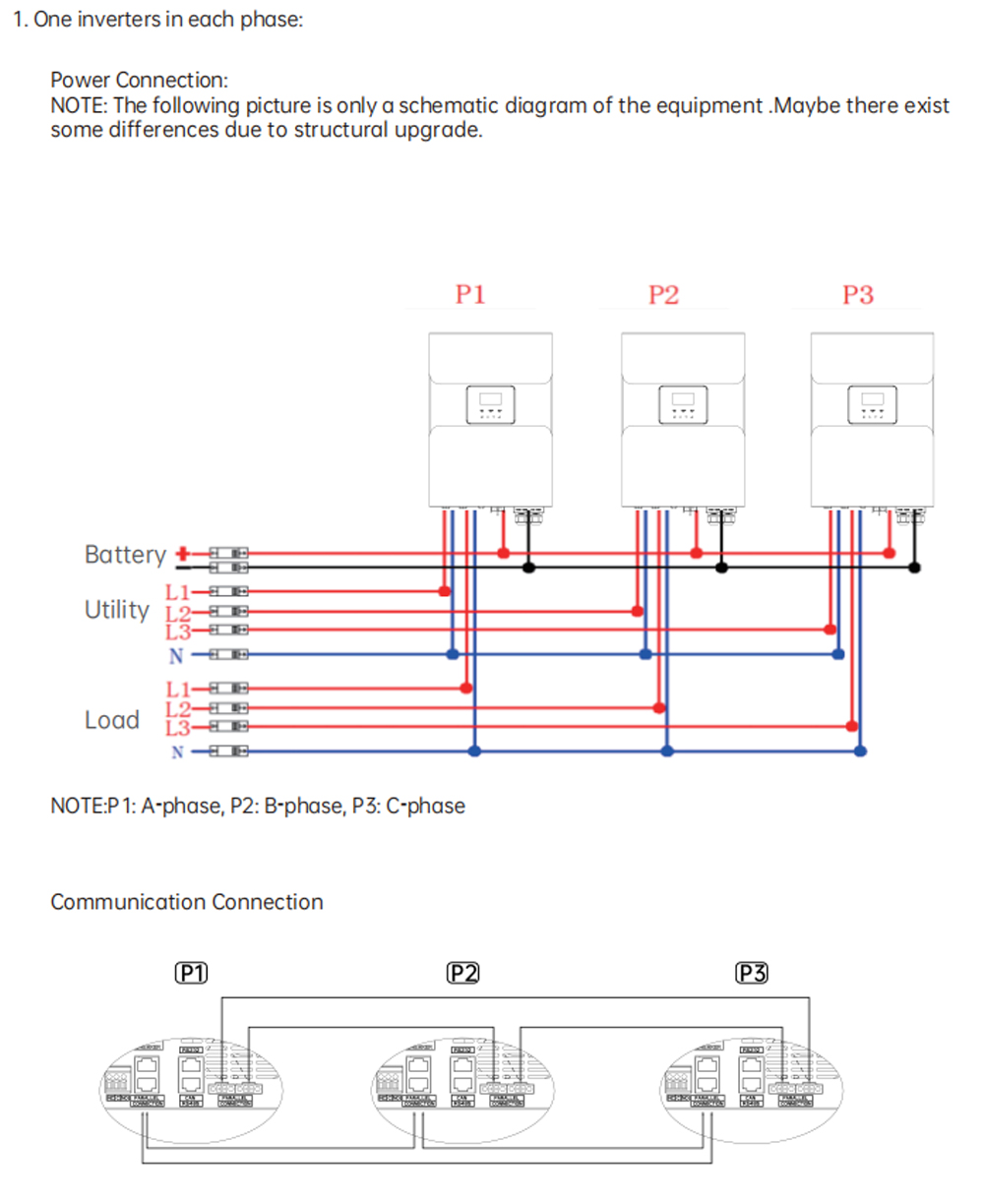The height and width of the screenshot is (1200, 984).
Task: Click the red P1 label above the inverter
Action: pyautogui.click(x=469, y=294)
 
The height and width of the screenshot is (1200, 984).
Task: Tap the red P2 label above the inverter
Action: pyautogui.click(x=663, y=294)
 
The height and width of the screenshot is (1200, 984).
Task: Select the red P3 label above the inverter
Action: pyautogui.click(x=857, y=294)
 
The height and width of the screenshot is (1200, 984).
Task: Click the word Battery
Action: pyautogui.click(x=125, y=555)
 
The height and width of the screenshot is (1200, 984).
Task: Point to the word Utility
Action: pyautogui.click(x=116, y=610)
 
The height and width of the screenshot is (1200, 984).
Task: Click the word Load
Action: pyautogui.click(x=111, y=720)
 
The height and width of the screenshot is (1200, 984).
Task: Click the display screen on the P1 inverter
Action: pyautogui.click(x=490, y=399)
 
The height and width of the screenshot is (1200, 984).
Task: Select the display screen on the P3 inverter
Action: pyautogui.click(x=872, y=399)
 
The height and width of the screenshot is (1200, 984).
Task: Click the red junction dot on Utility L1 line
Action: pyautogui.click(x=444, y=591)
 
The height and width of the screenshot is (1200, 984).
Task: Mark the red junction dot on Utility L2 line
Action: pyautogui.click(x=637, y=611)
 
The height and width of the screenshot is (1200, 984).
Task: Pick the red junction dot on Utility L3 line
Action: pyautogui.click(x=830, y=630)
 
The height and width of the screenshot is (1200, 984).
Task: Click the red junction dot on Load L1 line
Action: pyautogui.click(x=466, y=689)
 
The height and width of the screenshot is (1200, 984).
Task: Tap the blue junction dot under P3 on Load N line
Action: pyautogui.click(x=861, y=751)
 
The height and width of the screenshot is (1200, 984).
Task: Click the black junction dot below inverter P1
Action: pyautogui.click(x=528, y=568)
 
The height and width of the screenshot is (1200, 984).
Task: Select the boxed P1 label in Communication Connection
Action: pyautogui.click(x=191, y=974)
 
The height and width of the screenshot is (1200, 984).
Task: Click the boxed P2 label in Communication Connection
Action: pyautogui.click(x=462, y=974)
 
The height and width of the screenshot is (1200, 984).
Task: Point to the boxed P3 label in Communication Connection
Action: pyautogui.click(x=752, y=974)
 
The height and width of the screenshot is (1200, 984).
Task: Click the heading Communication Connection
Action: pyautogui.click(x=186, y=902)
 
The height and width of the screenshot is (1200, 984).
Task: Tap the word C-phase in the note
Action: pyautogui.click(x=427, y=807)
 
